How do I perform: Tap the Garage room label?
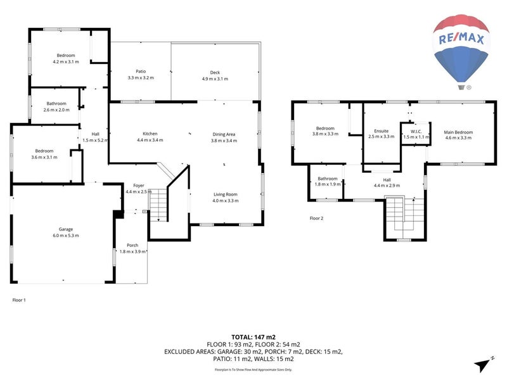[66, 229]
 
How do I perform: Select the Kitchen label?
[150, 134]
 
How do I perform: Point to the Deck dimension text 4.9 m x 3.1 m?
[215, 79]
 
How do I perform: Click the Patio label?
[141, 71]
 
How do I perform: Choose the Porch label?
[132, 245]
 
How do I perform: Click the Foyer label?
[139, 185]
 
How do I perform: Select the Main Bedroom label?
[458, 132]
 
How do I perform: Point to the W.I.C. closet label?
[416, 132]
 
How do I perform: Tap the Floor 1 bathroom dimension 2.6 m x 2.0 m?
[56, 110]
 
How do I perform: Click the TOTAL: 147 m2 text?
[253, 337]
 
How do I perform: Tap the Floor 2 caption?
[316, 218]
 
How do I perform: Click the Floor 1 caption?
[20, 300]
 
